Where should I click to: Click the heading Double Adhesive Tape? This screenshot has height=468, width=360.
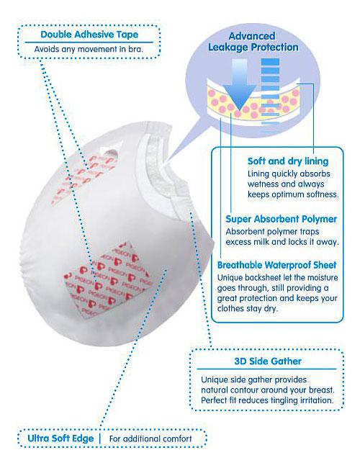[89, 35]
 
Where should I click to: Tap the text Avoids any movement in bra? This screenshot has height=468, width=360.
[89, 49]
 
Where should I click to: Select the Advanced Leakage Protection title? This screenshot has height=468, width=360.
[253, 42]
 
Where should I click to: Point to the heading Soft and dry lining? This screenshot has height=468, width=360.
[288, 161]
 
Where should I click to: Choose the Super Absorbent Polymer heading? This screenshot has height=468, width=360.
[281, 219]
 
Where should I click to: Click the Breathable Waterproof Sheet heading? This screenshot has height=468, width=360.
[276, 265]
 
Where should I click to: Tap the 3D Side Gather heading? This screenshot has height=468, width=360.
[268, 361]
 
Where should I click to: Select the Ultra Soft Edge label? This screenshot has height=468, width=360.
[60, 438]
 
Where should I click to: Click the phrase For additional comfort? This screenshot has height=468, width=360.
[150, 438]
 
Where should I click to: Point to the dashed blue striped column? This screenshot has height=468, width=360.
[270, 91]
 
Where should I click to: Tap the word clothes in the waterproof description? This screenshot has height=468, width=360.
[230, 308]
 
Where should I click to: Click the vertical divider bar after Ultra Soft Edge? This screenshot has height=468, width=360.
[100, 438]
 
